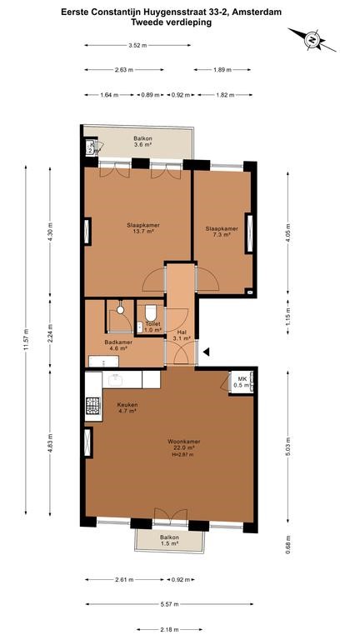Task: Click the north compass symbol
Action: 310,39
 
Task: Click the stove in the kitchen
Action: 92,407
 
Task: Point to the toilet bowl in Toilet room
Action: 151,310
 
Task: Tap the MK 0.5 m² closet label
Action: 239,381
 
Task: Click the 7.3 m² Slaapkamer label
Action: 222,232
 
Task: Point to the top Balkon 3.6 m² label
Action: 143,142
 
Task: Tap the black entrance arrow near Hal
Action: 207,352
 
